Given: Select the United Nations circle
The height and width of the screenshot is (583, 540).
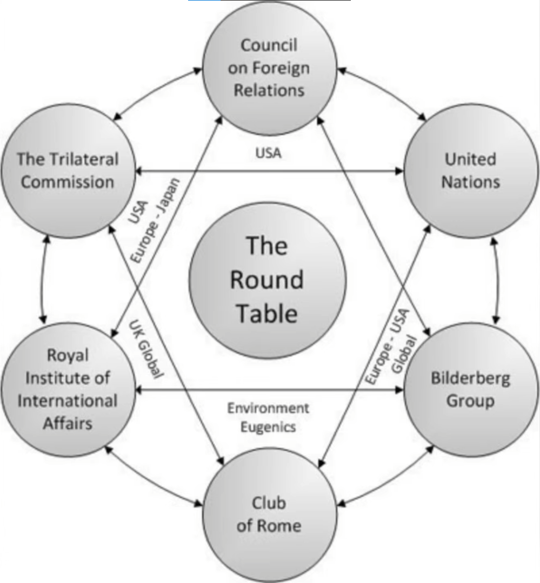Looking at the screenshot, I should coord(470,170).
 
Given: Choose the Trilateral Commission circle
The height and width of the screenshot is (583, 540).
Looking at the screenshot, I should coord(68,170).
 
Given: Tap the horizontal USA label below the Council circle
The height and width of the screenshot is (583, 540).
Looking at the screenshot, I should coord(268,153).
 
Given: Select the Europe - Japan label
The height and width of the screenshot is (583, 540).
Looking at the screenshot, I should coord(157,221).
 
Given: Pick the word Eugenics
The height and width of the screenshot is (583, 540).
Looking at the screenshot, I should coord(268,426).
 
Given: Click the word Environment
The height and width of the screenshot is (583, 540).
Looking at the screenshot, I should coord(268,408).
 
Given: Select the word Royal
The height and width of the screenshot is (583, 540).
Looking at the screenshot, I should coord(68,356).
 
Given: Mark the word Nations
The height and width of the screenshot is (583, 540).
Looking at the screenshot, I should coord(470,182).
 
